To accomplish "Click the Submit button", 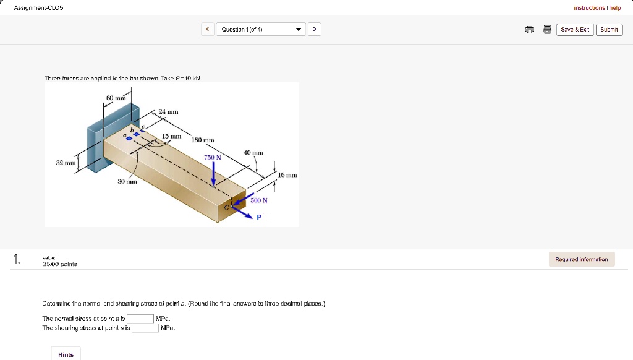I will [609, 30].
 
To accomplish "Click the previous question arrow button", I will [208, 30].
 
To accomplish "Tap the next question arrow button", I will [315, 30].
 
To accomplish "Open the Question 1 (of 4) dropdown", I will [261, 30].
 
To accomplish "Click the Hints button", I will [66, 354].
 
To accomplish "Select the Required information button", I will [581, 259].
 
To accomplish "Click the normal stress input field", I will [140, 319].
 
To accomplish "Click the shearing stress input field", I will [145, 328].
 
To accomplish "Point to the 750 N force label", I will [213, 158].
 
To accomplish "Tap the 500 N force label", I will [259, 200].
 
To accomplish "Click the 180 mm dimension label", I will [204, 140].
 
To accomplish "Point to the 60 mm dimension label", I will [116, 98].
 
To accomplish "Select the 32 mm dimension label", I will [64, 163].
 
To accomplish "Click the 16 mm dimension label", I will [287, 175].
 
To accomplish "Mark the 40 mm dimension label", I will [253, 152].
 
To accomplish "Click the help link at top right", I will [615, 8].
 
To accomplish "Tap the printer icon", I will [529, 30].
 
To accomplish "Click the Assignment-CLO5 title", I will [38, 8].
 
